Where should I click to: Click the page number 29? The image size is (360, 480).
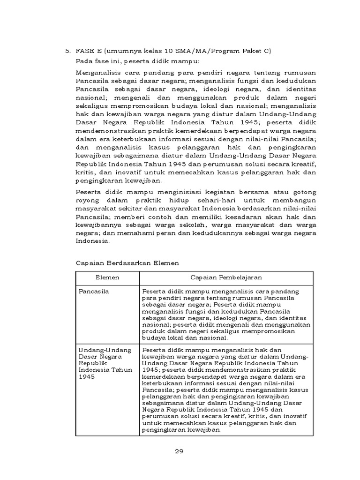(x=178, y=452)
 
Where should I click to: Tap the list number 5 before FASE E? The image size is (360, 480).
(x=67, y=51)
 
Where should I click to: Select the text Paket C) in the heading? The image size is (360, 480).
(x=259, y=51)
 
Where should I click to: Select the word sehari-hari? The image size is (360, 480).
(x=203, y=201)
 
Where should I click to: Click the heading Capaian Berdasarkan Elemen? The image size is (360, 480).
(x=127, y=263)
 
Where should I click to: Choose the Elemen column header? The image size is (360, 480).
(x=107, y=278)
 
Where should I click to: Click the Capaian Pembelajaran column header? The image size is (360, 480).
(x=226, y=278)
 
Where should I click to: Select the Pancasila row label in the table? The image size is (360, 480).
(x=94, y=291)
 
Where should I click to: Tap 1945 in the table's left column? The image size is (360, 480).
(x=86, y=376)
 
